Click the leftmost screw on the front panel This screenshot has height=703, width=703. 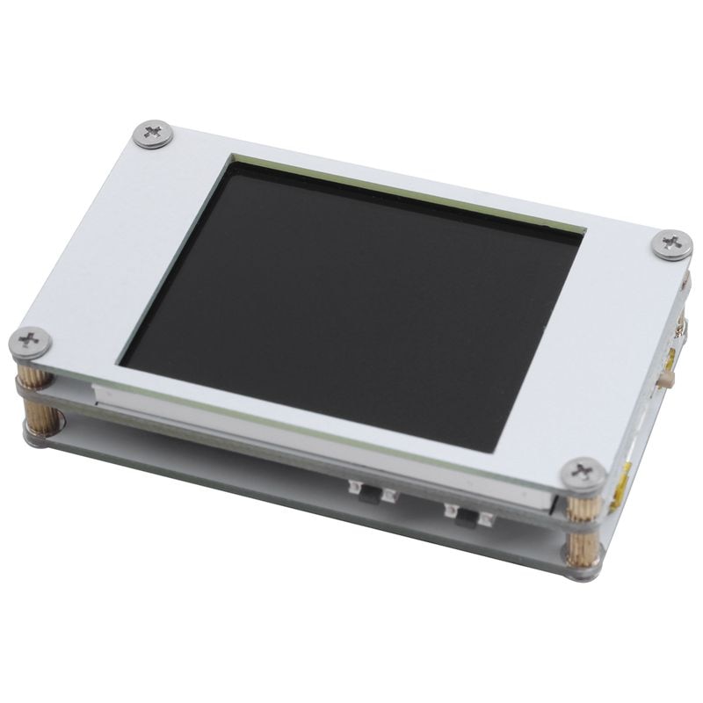click(29, 340)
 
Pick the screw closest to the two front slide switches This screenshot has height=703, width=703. click(582, 472)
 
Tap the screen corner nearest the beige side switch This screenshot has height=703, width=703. click(581, 233)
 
